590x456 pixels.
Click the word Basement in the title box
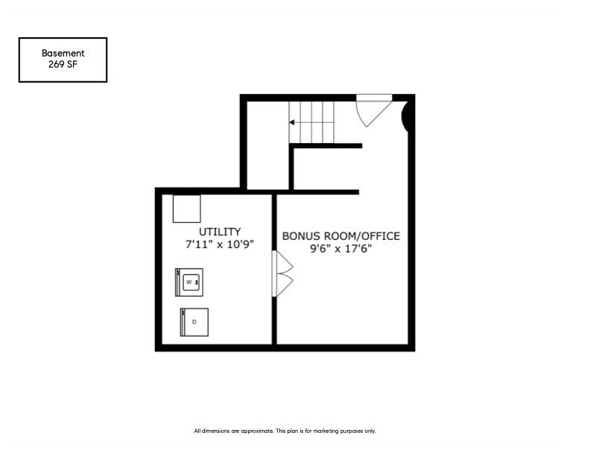(63, 53)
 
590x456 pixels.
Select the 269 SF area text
(63, 64)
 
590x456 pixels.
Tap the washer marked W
(189, 282)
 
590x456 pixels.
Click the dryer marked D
(194, 322)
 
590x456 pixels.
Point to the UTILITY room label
(220, 232)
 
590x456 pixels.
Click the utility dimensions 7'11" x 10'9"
(220, 244)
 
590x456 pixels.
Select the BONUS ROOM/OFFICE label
(341, 236)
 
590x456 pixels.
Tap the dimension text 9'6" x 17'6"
(341, 249)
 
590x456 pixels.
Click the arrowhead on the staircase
(291, 122)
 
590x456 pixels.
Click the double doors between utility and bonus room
(282, 273)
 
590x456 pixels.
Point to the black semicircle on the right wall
(405, 116)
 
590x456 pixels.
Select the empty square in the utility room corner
(187, 209)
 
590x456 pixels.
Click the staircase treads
(311, 122)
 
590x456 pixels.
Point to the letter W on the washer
(189, 282)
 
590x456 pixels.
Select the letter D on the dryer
(194, 322)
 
